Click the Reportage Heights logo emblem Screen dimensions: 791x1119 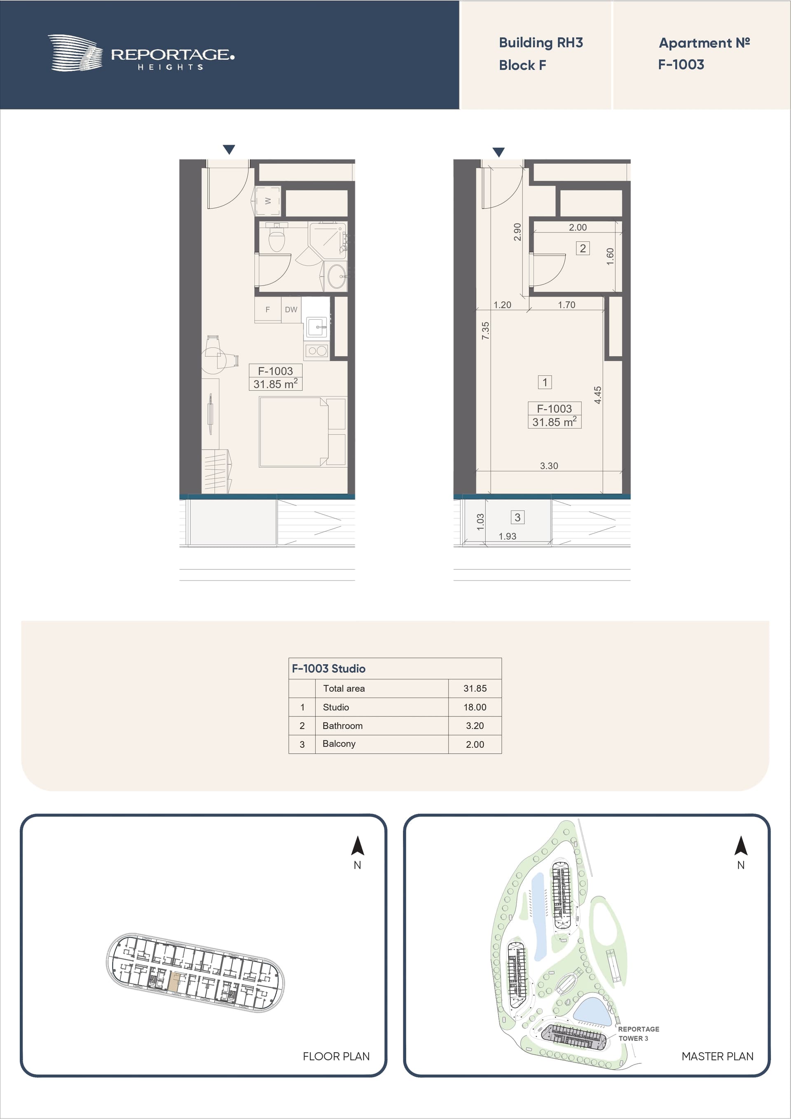pos(75,53)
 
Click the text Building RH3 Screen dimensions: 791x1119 pos(541,43)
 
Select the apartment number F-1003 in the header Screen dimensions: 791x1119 pos(681,64)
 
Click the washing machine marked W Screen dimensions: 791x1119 pos(267,200)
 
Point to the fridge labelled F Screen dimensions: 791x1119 pos(267,309)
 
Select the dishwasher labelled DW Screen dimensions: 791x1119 pos(291,309)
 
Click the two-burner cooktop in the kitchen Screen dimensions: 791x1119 pos(317,351)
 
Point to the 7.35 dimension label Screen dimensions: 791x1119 pos(485,330)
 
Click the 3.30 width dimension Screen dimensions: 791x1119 pos(549,466)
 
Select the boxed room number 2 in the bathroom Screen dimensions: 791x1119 pos(583,248)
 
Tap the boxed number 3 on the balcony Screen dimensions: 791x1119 pos(517,517)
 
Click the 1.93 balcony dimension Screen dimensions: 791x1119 pos(507,536)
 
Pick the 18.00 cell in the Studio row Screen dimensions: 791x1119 pos(475,707)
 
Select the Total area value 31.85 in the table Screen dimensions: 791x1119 pos(475,688)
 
